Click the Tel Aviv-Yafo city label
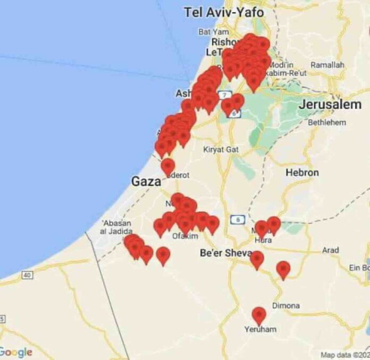coord(224,12)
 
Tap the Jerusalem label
coord(330,105)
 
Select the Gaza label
coord(146,182)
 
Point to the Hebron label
coord(302,172)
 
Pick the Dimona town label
coord(285,306)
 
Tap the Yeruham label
coord(260,329)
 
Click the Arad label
coord(330,250)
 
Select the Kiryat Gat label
coord(221,149)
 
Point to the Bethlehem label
coord(327,122)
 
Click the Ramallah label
coord(327,64)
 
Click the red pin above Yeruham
coord(259,315)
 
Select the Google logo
coord(16,352)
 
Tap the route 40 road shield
coord(27,275)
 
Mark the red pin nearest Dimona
coord(283,270)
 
